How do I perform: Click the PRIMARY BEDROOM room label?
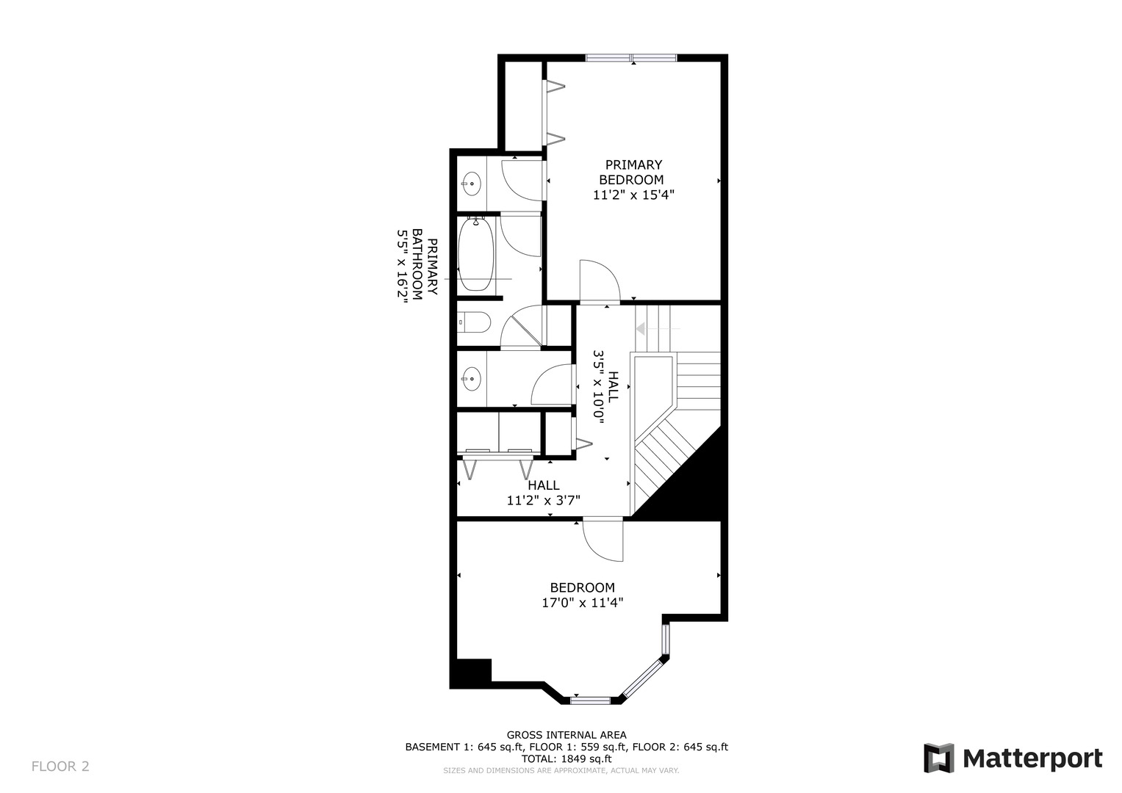point(633,173)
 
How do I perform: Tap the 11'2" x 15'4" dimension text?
point(633,195)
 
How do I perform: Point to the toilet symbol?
point(474,322)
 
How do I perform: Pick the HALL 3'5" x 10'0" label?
point(605,387)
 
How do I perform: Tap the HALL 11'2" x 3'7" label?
point(543,493)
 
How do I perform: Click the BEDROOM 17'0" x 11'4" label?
point(582,595)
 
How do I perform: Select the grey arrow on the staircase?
point(641,328)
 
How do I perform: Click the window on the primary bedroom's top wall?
point(631,58)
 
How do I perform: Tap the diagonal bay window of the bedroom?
point(643,677)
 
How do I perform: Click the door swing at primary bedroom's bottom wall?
point(599,281)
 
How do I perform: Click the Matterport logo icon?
point(938,758)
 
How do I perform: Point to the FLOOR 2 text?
point(60,767)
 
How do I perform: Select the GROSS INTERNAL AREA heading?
point(567,735)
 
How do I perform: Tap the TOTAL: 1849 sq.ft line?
point(567,758)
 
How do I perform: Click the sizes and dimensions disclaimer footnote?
point(561,770)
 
